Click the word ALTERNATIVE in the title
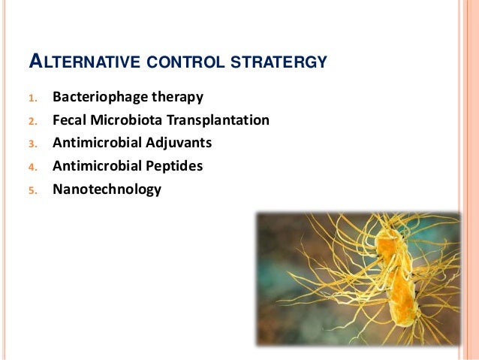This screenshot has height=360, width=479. (84, 62)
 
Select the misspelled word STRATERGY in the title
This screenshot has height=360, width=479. (281, 62)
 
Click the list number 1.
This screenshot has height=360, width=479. (32, 98)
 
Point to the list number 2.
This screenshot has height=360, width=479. (32, 121)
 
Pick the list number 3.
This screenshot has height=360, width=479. (32, 144)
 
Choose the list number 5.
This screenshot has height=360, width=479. (32, 190)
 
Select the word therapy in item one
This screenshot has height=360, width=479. (178, 98)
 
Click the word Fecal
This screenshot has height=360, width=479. (70, 120)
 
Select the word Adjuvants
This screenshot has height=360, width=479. (180, 143)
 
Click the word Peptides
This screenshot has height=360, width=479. (176, 166)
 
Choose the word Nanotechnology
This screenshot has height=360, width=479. (107, 189)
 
